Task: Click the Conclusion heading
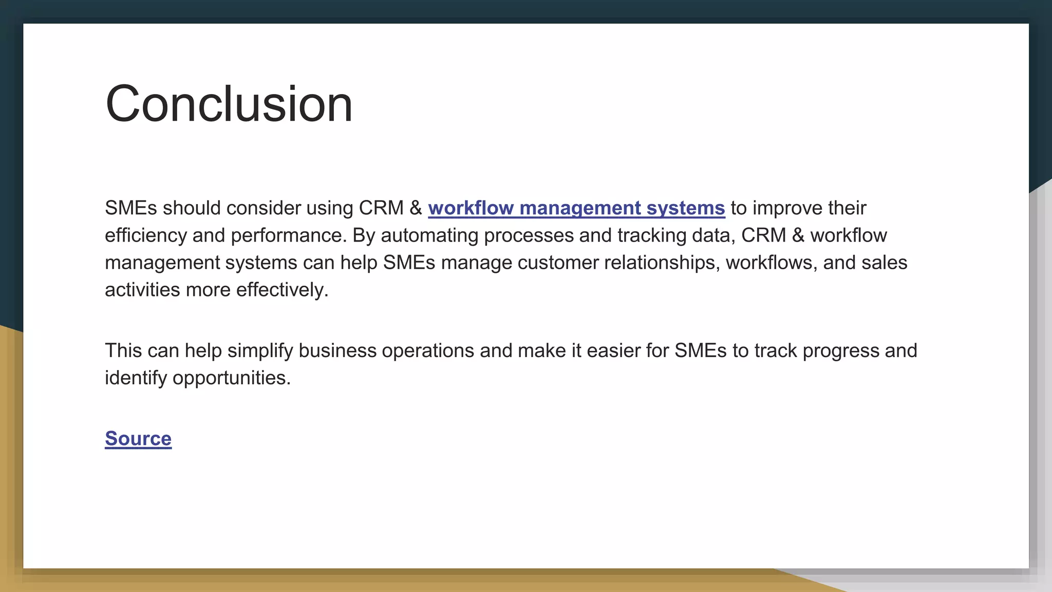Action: click(x=229, y=104)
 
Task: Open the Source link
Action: click(x=138, y=438)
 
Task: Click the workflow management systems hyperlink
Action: click(x=576, y=208)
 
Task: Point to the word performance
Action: click(x=288, y=235)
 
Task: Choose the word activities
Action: click(x=142, y=290)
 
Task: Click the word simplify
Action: click(x=260, y=350)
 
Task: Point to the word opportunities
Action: click(x=231, y=378)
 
